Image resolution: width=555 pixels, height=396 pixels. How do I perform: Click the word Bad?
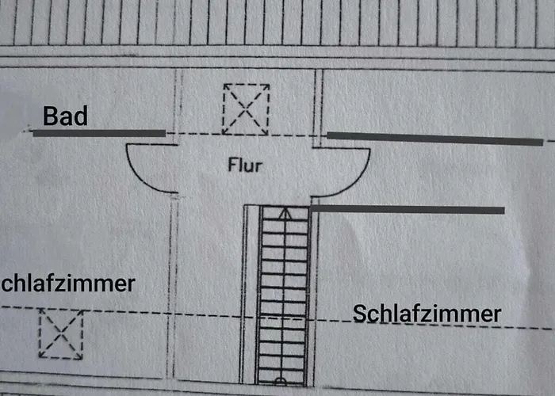click(x=65, y=117)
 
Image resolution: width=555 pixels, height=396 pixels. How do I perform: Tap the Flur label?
click(x=244, y=166)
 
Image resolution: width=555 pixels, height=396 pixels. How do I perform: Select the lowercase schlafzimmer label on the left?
click(x=68, y=284)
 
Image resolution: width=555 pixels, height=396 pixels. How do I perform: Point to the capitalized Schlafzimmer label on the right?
click(x=427, y=313)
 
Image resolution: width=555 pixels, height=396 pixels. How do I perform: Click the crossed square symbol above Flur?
click(x=245, y=109)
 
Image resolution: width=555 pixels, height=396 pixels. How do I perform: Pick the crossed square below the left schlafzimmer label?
click(x=61, y=333)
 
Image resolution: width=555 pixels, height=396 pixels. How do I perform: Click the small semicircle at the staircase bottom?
click(x=280, y=382)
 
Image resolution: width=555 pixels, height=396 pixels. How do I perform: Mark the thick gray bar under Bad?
click(x=99, y=133)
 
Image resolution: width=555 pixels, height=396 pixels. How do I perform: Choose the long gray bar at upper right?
click(x=435, y=139)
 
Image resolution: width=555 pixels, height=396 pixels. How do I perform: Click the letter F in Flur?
click(x=232, y=166)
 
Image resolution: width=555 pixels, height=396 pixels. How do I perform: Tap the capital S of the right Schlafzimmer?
click(x=359, y=313)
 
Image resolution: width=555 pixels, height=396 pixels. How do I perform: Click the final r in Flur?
click(x=258, y=167)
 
